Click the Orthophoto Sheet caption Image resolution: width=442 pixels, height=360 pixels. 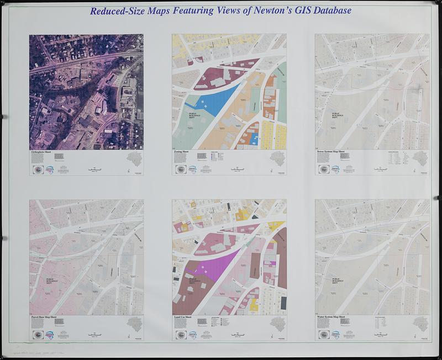pyautogui.click(x=44, y=151)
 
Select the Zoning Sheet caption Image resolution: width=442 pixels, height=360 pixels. pyautogui.click(x=183, y=151)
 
